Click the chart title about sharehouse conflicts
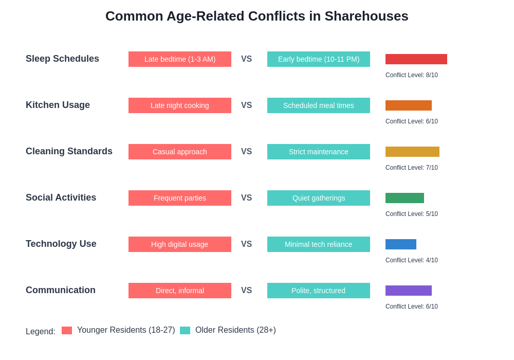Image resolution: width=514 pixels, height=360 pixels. click(x=256, y=16)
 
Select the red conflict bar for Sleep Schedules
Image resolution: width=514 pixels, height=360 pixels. click(x=416, y=59)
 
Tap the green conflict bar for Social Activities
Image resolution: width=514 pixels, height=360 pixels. click(x=405, y=198)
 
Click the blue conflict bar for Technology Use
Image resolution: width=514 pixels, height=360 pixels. click(x=400, y=244)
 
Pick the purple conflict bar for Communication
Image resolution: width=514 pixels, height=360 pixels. click(x=408, y=291)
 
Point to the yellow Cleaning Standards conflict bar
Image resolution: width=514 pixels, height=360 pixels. click(x=412, y=152)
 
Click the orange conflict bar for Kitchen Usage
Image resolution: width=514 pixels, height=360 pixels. click(x=408, y=105)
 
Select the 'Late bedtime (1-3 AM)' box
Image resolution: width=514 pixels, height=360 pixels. click(x=179, y=59)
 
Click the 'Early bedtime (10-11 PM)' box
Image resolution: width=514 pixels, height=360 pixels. click(x=318, y=59)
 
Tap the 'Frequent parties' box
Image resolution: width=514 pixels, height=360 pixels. click(x=179, y=198)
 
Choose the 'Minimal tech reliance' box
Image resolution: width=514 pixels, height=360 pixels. click(x=318, y=244)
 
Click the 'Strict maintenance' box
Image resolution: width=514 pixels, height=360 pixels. click(x=318, y=152)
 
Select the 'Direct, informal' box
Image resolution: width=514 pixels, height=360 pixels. click(x=179, y=291)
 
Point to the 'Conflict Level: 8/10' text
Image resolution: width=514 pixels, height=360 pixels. click(x=411, y=75)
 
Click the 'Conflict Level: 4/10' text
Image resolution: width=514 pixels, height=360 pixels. click(x=411, y=260)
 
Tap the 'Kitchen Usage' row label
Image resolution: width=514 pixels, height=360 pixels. click(x=58, y=105)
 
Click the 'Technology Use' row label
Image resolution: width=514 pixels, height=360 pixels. click(x=61, y=244)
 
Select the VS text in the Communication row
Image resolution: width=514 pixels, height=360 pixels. click(x=246, y=291)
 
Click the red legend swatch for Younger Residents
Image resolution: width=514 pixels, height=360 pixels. click(x=67, y=330)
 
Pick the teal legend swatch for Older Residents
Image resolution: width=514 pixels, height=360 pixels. click(x=185, y=330)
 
